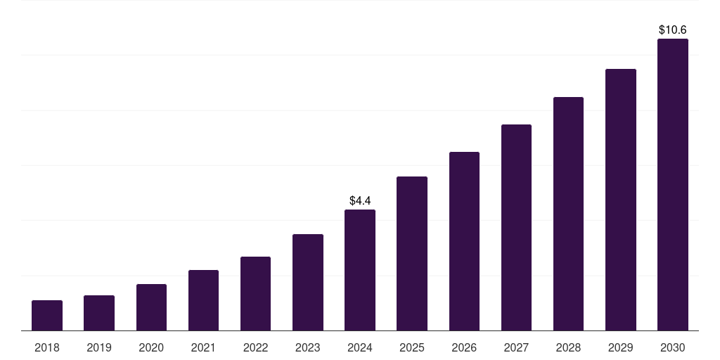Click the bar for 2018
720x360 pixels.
(47, 315)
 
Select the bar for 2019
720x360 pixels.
(99, 313)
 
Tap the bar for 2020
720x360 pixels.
(151, 307)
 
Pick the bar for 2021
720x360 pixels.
(203, 300)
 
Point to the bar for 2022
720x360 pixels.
(255, 293)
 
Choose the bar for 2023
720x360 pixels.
(308, 282)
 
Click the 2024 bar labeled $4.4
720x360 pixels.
(360, 270)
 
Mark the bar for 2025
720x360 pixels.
(412, 253)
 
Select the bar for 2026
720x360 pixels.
(464, 241)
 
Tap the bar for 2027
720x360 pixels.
(516, 227)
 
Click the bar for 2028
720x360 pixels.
(568, 214)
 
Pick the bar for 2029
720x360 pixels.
(621, 200)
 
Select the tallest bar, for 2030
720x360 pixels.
(673, 184)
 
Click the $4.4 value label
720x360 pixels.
(360, 201)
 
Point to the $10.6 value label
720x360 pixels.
(673, 30)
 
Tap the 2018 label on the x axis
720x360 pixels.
(47, 347)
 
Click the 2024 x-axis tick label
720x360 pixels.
(360, 347)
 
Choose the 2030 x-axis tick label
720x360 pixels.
(673, 347)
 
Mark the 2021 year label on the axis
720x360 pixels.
(203, 347)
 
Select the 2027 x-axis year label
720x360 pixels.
(516, 347)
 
